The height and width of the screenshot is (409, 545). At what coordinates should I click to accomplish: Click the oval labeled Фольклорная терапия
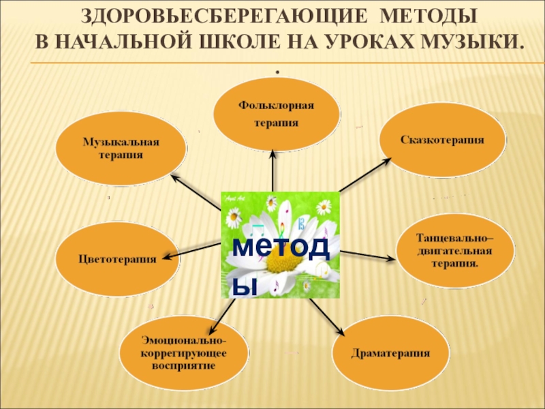pyautogui.click(x=277, y=114)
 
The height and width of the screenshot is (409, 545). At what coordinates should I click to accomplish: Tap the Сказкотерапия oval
pyautogui.click(x=441, y=140)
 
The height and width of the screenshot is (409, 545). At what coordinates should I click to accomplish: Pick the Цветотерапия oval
pyautogui.click(x=117, y=260)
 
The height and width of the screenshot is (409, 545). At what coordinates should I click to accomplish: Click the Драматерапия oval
pyautogui.click(x=390, y=353)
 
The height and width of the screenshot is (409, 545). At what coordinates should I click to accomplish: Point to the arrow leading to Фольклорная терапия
pyautogui.click(x=273, y=170)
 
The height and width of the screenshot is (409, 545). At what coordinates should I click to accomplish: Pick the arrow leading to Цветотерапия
pyautogui.click(x=194, y=252)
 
